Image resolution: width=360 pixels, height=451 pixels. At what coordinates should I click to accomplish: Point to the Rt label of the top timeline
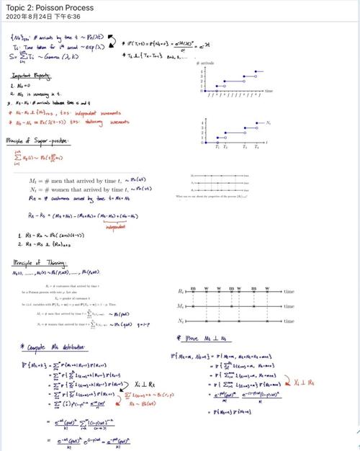pos(190,292)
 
